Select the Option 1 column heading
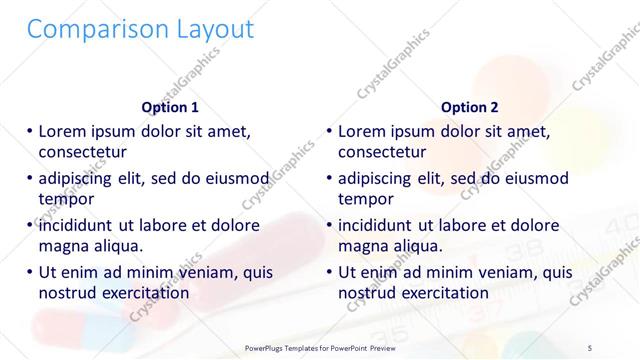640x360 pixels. [170, 107]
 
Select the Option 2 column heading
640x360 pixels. [470, 107]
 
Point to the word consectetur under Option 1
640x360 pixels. [82, 152]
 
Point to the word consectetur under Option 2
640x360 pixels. [382, 152]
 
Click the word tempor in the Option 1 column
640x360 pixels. [63, 198]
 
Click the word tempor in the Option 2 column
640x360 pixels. [363, 198]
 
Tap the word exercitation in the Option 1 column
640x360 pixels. [142, 292]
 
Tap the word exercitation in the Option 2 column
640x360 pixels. [442, 292]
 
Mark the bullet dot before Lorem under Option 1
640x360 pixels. [29, 131]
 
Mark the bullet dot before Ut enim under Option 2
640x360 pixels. [329, 272]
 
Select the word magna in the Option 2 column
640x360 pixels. [362, 245]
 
